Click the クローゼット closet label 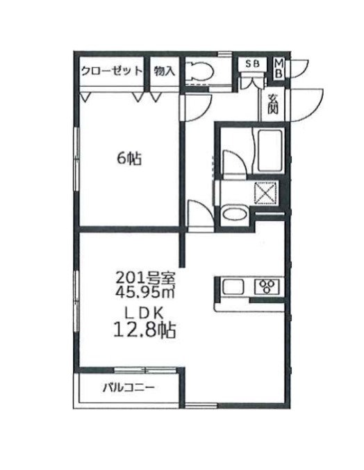click(111, 70)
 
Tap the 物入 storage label click(165, 70)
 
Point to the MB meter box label click(278, 67)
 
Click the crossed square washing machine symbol click(266, 192)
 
